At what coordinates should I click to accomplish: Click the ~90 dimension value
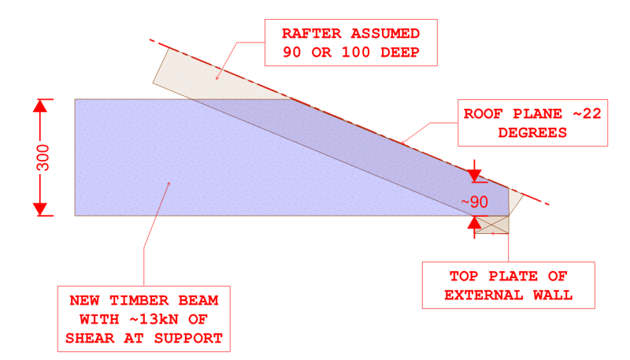coord(475,202)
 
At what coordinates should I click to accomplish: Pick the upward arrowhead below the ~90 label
coord(474,224)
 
